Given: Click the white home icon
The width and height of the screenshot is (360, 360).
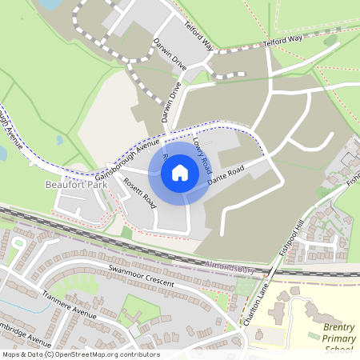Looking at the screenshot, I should click(x=180, y=171).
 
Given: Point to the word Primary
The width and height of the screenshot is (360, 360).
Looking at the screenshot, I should click(x=339, y=339).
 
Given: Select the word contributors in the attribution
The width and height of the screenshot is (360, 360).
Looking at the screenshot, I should click(x=137, y=354).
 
